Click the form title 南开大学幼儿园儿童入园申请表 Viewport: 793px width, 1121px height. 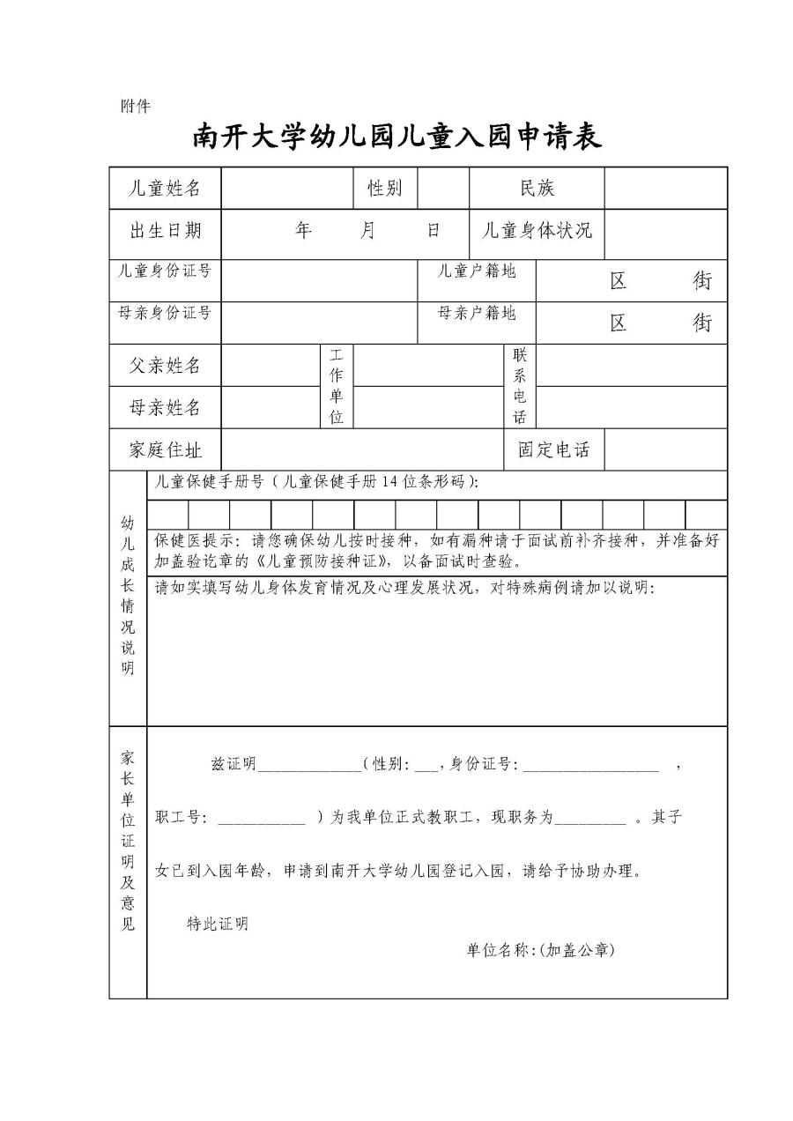click(x=397, y=137)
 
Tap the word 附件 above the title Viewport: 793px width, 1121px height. click(x=135, y=107)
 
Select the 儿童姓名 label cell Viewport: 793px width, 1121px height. click(x=165, y=188)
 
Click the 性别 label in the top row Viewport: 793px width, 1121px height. click(x=384, y=188)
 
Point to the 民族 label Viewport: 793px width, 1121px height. click(x=537, y=188)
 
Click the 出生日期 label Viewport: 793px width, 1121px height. click(x=165, y=231)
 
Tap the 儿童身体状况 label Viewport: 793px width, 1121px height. click(x=537, y=231)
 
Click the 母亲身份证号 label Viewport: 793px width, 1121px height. click(x=165, y=313)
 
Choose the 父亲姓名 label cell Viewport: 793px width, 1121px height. click(x=165, y=365)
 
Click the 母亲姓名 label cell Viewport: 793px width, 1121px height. click(x=165, y=407)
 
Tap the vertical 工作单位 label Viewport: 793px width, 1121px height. click(x=337, y=386)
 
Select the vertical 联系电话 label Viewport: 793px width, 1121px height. click(x=520, y=386)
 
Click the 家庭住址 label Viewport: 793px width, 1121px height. click(x=165, y=450)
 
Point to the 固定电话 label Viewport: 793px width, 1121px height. click(x=553, y=450)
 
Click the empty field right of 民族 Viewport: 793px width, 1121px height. click(x=665, y=188)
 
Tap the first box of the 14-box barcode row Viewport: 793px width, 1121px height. click(x=167, y=515)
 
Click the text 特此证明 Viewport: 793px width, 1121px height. click(x=218, y=924)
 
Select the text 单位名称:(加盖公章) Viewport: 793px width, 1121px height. click(x=540, y=950)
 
